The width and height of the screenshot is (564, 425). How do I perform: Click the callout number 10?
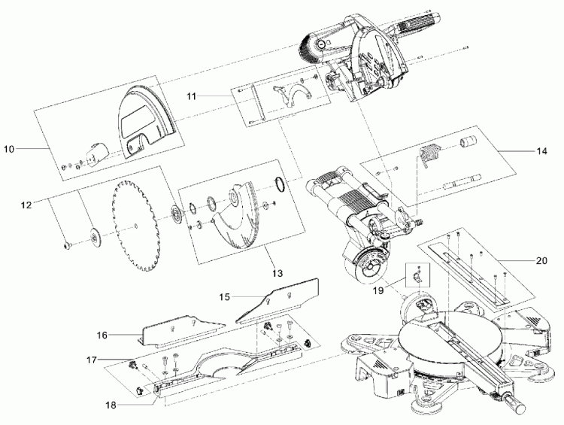click(x=9, y=149)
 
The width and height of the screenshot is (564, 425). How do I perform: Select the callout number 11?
click(x=191, y=96)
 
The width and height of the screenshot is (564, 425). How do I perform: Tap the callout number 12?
click(x=26, y=205)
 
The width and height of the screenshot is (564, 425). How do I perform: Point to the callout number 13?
click(x=277, y=273)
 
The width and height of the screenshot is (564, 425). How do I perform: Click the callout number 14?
click(x=541, y=151)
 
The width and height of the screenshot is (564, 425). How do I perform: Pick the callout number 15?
click(x=224, y=297)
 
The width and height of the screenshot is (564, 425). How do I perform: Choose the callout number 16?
click(x=102, y=335)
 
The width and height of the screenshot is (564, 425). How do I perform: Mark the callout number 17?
click(x=92, y=360)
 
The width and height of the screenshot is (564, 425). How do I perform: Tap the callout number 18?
click(x=111, y=405)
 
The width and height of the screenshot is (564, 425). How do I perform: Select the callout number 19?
click(x=378, y=290)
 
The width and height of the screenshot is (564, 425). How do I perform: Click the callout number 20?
click(x=541, y=260)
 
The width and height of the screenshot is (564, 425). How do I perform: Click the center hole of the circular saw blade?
click(x=135, y=226)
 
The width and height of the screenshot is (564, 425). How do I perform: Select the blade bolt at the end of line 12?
click(x=67, y=245)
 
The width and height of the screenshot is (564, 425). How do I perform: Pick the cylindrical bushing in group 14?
click(x=468, y=141)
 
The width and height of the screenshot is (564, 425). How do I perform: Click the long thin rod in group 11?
click(x=258, y=103)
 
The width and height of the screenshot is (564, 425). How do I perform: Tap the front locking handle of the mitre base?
click(x=514, y=403)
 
